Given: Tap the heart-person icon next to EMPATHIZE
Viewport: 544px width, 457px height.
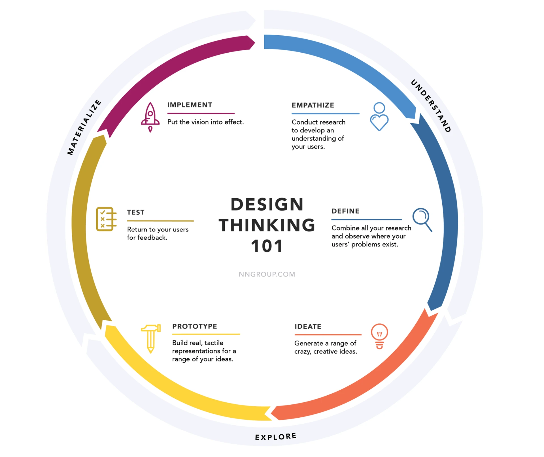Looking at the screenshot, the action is tap(379, 117).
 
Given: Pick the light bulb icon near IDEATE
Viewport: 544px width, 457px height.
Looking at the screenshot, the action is tap(379, 336).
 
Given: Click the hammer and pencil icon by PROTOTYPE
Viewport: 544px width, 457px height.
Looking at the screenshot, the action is tap(151, 338).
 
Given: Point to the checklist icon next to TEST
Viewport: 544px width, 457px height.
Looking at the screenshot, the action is tap(106, 219).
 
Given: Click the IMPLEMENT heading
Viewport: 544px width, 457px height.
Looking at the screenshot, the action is tap(190, 105).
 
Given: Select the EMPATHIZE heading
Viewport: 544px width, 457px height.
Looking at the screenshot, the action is tap(313, 105).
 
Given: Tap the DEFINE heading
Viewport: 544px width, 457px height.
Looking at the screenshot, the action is tap(345, 211).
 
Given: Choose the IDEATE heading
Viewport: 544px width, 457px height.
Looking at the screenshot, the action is tap(308, 327).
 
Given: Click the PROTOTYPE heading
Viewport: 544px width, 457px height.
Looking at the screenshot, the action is tap(195, 326).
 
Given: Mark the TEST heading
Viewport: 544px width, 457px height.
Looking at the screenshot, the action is tap(135, 212).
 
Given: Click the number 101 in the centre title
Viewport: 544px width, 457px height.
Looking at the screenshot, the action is tap(267, 246).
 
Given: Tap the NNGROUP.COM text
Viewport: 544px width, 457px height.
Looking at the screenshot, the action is tap(267, 274).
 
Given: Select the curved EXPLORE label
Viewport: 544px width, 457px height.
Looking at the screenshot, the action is tap(276, 437).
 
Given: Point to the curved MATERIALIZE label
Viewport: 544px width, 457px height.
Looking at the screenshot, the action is tap(84, 127).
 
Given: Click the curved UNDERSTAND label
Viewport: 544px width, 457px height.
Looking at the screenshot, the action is tap(431, 106).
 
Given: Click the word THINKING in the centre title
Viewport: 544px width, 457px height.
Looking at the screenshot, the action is tap(267, 225).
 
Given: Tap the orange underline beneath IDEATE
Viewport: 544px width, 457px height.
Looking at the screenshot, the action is tap(328, 335).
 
